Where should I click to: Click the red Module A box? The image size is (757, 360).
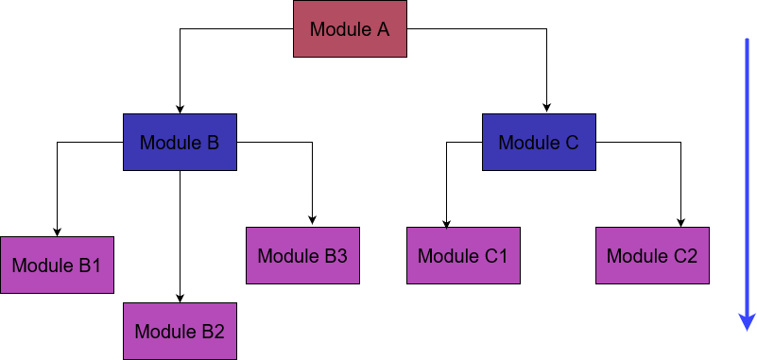350,28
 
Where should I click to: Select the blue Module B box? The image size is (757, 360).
180,143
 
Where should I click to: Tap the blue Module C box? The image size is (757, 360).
539,143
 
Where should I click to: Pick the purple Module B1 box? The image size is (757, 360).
57,266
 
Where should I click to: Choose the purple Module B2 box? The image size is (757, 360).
180,332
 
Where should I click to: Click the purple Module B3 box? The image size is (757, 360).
302,256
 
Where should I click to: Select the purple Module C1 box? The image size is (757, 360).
463,256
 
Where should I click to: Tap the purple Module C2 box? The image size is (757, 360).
652,256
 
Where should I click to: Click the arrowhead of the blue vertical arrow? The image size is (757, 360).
746,323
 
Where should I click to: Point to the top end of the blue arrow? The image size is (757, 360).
746,42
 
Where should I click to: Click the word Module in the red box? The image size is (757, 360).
337,29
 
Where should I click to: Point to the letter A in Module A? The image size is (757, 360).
383,29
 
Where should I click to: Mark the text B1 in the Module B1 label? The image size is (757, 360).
90,266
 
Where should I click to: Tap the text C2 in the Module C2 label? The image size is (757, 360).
685,256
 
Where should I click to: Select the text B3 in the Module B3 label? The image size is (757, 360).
335,256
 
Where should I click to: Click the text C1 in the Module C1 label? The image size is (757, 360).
496,256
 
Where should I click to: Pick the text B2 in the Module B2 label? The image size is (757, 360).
213,332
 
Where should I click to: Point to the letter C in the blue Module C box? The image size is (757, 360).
572,143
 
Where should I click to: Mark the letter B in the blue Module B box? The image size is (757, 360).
213,143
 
